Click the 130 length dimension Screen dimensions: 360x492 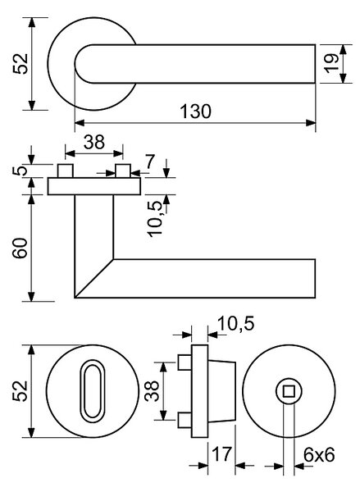[x=195, y=112]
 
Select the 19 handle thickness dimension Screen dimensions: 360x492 [x=331, y=64]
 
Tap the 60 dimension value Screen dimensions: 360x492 [x=20, y=248]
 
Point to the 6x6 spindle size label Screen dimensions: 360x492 [x=319, y=454]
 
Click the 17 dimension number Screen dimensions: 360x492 [x=222, y=454]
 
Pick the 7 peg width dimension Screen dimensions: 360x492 [x=149, y=162]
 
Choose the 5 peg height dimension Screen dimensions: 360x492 [x=21, y=171]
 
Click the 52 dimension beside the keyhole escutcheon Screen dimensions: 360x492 [x=20, y=391]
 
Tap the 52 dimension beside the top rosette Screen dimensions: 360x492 [x=21, y=64]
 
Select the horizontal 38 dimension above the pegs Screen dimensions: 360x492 [x=93, y=142]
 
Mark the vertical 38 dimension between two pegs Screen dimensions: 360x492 [x=152, y=391]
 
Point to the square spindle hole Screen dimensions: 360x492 [x=289, y=392]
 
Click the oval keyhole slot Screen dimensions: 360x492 [x=93, y=391]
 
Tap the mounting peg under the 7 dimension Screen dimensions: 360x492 [x=123, y=171]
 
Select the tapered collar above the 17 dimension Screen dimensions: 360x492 [x=222, y=391]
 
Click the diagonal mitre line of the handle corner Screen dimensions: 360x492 [x=93, y=278]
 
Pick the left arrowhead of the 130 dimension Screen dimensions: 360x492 [x=80, y=123]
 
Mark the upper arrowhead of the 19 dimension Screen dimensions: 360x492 [x=343, y=49]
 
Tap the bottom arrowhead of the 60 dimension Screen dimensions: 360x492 [x=31, y=297]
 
